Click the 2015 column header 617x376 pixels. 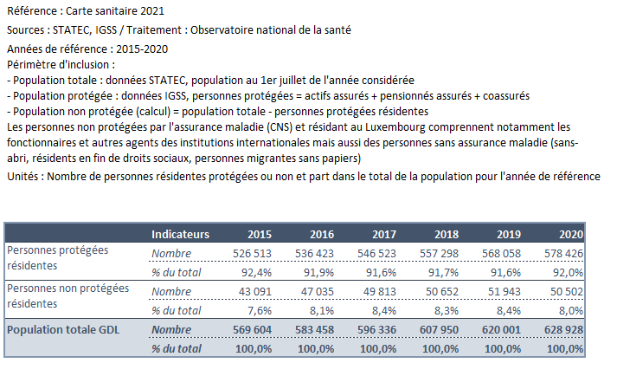(x=260, y=234)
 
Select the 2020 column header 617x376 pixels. (x=571, y=234)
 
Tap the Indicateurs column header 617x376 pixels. (x=180, y=234)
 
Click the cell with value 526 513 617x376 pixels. (x=252, y=254)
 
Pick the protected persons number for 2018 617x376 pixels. (x=439, y=254)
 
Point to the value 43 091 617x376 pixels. (x=255, y=292)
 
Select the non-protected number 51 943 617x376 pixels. (x=504, y=292)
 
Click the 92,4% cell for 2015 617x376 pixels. (x=256, y=272)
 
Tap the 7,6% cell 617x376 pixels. (x=260, y=310)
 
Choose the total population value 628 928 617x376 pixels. (x=563, y=329)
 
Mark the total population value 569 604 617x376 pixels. (x=252, y=329)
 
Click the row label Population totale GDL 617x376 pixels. (x=63, y=329)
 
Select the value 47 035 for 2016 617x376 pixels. (x=318, y=292)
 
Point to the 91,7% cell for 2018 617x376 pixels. (x=443, y=272)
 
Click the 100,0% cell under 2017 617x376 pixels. (x=378, y=349)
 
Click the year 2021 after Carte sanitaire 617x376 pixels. (x=152, y=11)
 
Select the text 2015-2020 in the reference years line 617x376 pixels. (x=142, y=49)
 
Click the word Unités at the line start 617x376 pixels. (x=22, y=176)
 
